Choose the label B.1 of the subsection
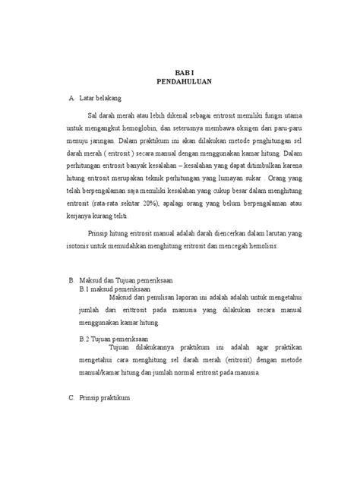(x=95, y=289)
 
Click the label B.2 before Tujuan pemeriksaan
(x=95, y=338)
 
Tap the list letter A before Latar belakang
(x=71, y=99)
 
